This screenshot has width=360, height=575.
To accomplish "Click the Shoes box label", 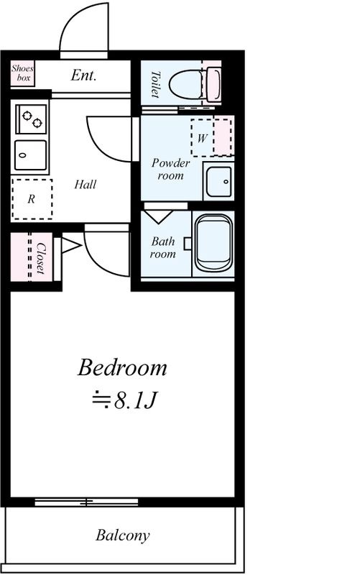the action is tap(22, 73).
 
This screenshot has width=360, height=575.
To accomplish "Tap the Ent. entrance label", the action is tap(83, 75).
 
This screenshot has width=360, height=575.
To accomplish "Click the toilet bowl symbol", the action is tap(186, 84).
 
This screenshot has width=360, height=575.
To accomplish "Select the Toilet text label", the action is tap(156, 84).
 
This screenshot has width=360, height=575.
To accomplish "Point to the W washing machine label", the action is tap(203, 138).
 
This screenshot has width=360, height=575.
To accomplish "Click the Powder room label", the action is tap(170, 169).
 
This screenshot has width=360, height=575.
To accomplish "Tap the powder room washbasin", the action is tap(219, 182).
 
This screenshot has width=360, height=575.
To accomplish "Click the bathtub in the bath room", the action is tap(213, 243).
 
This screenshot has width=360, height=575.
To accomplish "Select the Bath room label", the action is tap(163, 247).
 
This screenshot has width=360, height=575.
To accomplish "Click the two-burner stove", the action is tap(31, 119).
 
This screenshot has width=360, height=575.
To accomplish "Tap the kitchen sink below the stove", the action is tap(31, 155).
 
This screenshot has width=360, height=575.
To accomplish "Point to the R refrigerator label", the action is tap(32, 199).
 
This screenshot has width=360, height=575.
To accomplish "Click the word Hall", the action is tap(86, 184).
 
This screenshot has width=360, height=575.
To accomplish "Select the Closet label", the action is tap(41, 258).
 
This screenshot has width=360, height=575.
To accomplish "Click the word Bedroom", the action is tap(122, 367).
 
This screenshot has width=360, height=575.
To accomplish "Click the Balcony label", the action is tap(123, 535).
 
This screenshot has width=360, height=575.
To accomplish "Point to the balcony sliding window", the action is tap(86, 502).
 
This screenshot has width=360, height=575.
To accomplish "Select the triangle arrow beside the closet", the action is tap(70, 245).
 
